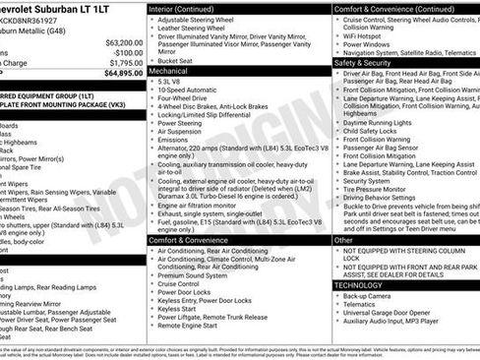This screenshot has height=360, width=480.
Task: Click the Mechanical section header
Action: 170,72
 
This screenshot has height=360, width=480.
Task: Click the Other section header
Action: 344,239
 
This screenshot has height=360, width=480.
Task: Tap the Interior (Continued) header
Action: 188,8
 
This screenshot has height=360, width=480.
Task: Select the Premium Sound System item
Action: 198,276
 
